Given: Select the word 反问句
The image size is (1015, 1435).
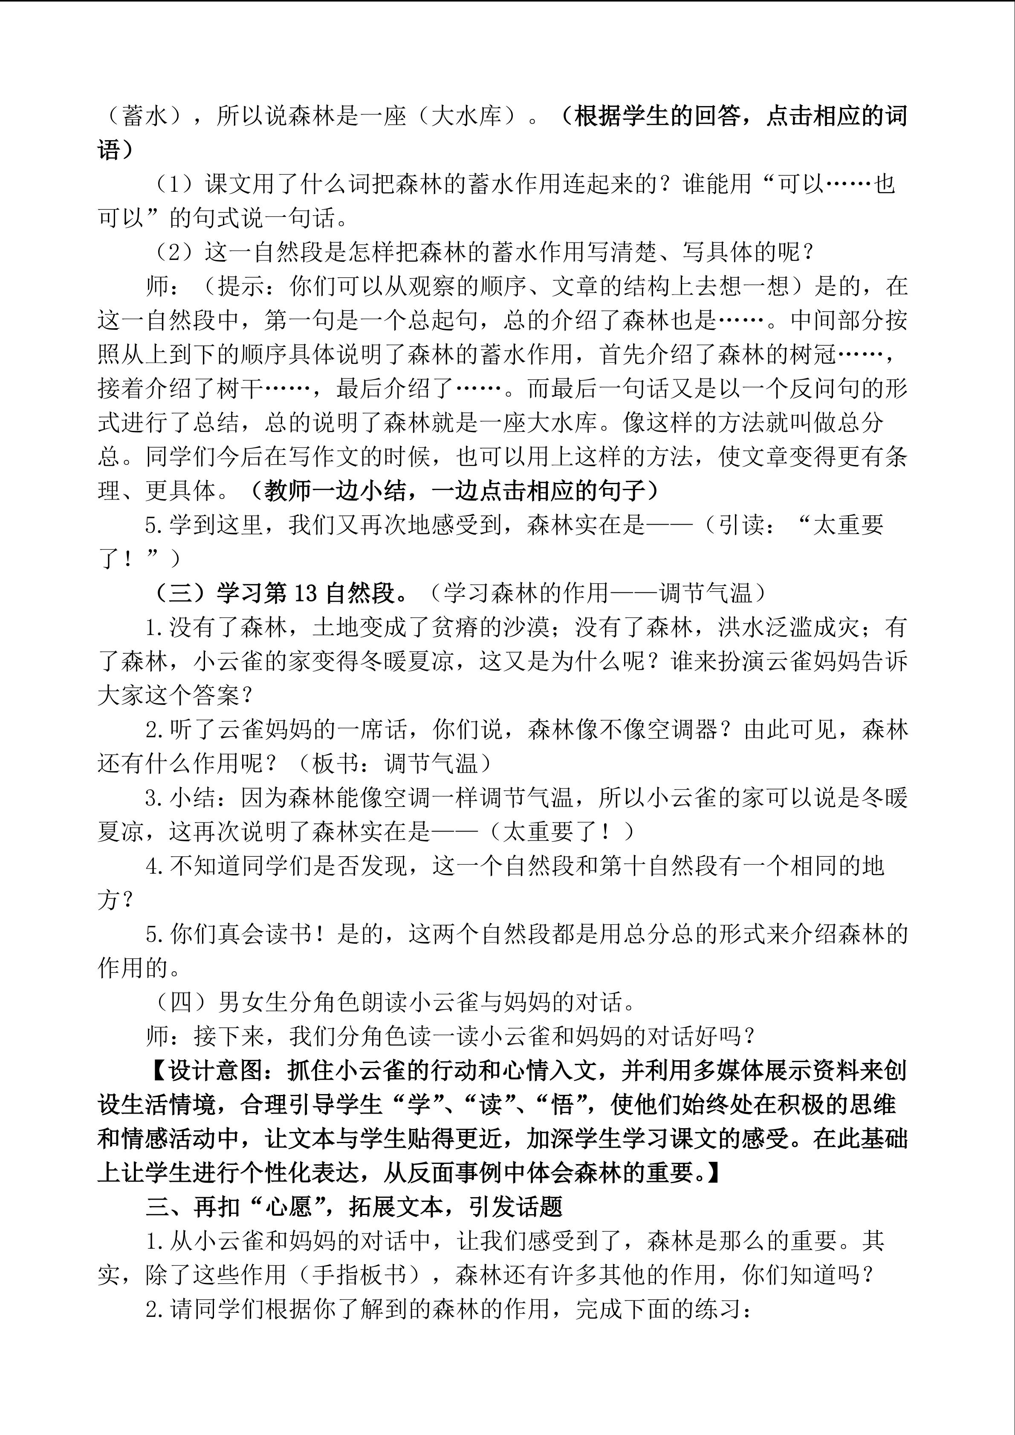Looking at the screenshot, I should (x=838, y=389).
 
